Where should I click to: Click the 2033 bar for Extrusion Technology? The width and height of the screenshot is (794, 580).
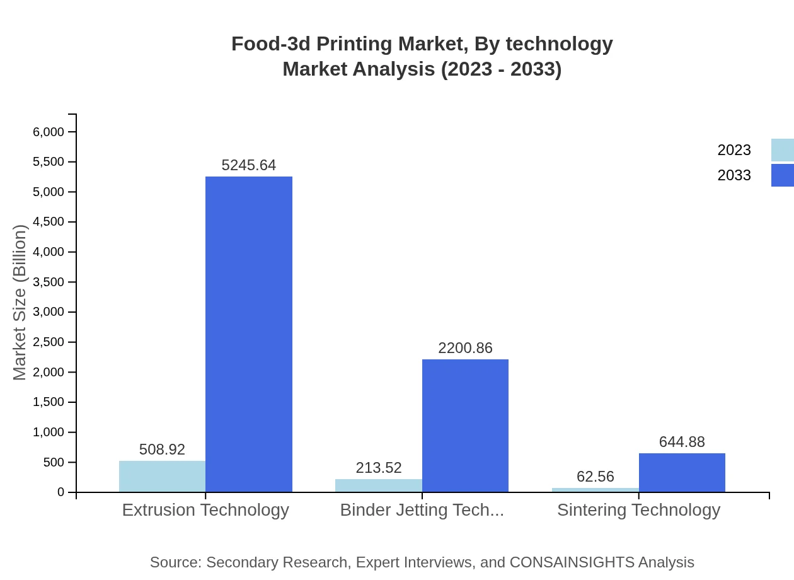(249, 334)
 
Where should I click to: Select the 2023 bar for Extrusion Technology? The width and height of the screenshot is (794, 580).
(162, 477)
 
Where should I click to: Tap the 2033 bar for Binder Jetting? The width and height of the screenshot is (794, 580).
(465, 426)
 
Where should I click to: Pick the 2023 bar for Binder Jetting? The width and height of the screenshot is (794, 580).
(378, 485)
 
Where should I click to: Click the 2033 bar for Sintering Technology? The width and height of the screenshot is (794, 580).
(682, 472)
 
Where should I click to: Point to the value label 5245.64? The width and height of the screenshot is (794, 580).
(249, 165)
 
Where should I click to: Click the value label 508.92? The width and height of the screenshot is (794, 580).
(162, 449)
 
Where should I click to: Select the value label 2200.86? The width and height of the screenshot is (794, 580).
(465, 348)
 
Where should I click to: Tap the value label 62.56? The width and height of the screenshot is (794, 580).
(595, 477)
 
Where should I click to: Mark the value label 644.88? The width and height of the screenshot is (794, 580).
(682, 442)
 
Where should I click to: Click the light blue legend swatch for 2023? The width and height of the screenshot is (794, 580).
(782, 150)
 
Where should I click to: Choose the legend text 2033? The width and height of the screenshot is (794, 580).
(734, 175)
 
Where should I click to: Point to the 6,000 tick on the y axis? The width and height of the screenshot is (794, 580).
(49, 132)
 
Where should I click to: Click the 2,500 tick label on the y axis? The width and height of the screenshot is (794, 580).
(49, 342)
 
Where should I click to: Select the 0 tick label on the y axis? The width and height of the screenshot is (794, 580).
(61, 492)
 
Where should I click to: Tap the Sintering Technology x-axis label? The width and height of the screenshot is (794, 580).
(638, 510)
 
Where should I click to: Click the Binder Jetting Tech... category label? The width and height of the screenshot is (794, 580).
(422, 510)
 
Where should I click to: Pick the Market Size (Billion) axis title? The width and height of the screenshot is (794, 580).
(20, 303)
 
